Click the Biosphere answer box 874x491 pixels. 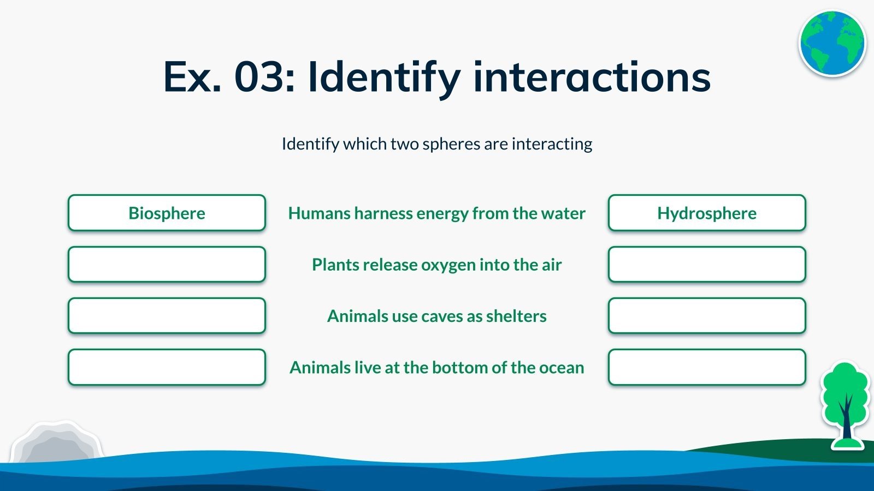click(167, 213)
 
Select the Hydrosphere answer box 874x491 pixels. click(707, 213)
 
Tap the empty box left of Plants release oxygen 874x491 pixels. click(167, 264)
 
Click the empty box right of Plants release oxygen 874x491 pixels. click(707, 264)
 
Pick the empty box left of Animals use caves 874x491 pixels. click(167, 316)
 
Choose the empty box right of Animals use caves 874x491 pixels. click(707, 316)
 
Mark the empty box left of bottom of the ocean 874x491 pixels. click(167, 367)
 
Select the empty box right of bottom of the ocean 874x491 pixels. click(707, 367)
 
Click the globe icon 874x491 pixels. click(832, 43)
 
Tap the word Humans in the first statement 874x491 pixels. click(319, 213)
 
